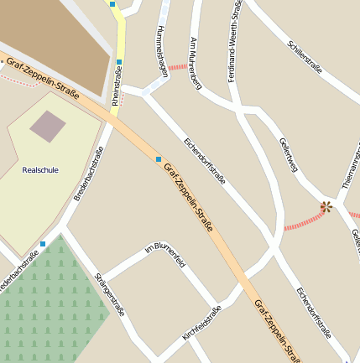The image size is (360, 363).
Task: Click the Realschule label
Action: tap(40, 169)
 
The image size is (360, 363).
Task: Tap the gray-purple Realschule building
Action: tap(47, 126)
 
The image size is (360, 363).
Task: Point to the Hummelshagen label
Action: tap(163, 51)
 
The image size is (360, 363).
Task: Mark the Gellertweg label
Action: tap(289, 153)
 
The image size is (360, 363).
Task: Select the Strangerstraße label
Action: tap(110, 293)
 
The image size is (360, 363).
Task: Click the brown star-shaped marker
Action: tap(326, 206)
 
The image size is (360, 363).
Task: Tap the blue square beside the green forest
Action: tap(43, 244)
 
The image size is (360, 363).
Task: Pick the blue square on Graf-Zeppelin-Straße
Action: tap(158, 158)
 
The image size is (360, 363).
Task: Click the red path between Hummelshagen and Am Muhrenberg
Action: tap(178, 66)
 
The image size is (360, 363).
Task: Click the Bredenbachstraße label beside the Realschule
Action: tap(88, 174)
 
